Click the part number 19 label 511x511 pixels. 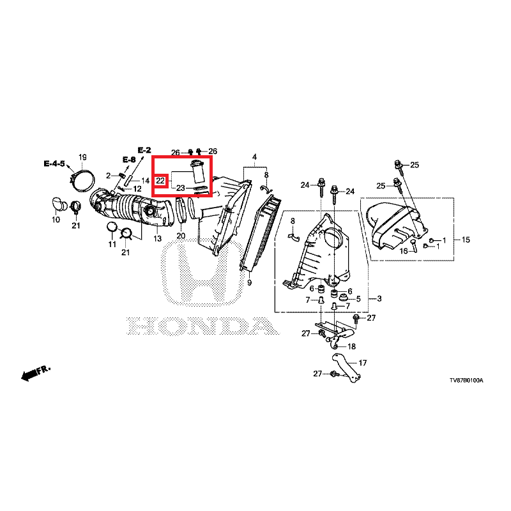coord(82,157)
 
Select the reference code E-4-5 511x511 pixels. coord(54,164)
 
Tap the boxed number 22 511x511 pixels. coord(160,181)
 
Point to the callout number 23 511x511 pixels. coord(181,188)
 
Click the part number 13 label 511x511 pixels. coord(158,238)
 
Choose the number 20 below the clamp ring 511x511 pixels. coord(181,236)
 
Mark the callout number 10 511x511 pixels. coord(56,220)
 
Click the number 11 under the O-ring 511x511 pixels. coord(112,245)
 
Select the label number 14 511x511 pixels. coord(145,181)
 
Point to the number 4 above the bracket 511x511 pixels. coord(254,157)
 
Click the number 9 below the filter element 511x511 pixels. coord(249,282)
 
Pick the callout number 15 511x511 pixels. coord(465,240)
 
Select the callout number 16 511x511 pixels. coord(403,252)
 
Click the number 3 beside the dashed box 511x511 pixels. coord(379,299)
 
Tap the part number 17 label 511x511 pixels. coord(363,363)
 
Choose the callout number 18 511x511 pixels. coord(351,346)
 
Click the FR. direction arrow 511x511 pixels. coord(34,374)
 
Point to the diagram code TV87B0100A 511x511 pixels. coord(466,380)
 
